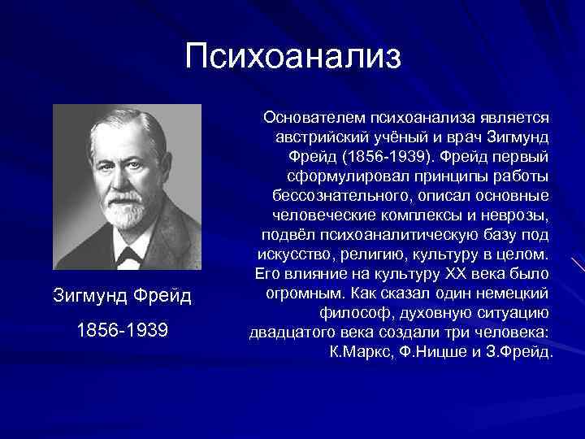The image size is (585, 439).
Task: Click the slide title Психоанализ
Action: pyautogui.click(x=292, y=57)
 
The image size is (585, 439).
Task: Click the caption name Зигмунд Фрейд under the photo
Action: pyautogui.click(x=122, y=296)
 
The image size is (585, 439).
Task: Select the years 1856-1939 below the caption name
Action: pyautogui.click(x=122, y=332)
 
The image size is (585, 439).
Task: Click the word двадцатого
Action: pyautogui.click(x=284, y=333)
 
